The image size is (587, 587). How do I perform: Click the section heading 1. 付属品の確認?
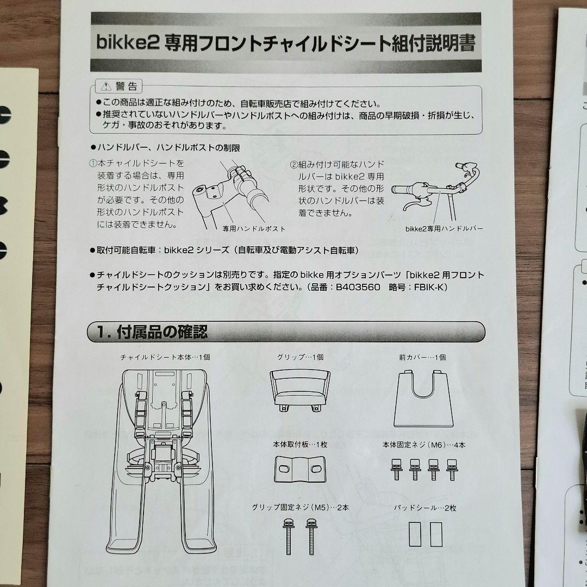click(153, 332)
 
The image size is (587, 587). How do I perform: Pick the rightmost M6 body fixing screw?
click(451, 469)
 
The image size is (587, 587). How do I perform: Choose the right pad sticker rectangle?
click(435, 535)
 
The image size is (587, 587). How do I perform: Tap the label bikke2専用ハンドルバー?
click(444, 229)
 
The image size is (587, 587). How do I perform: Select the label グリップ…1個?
click(300, 357)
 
